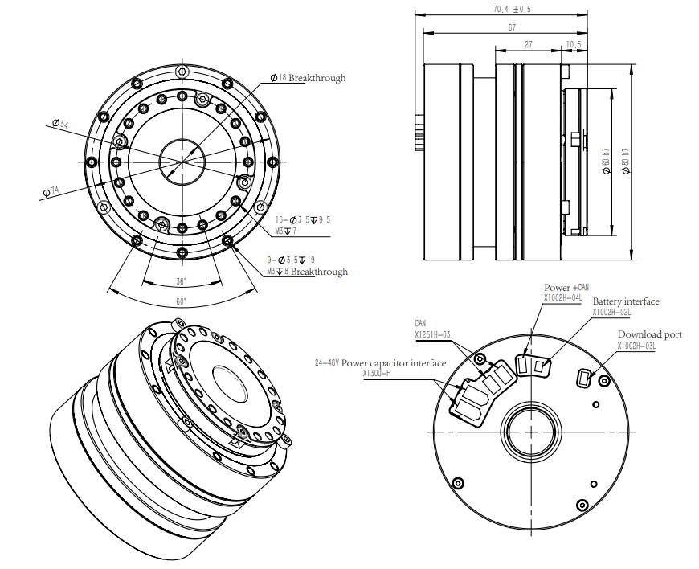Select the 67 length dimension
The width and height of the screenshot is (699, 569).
coord(512,27)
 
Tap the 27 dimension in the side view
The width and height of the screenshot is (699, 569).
coord(528,45)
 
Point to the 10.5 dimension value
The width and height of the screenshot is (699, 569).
coord(574,45)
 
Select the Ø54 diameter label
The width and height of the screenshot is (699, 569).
coord(59,124)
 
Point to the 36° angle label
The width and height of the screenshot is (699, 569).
coord(182,281)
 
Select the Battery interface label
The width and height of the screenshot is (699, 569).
coord(626,301)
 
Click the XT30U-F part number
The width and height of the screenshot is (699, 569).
coord(376,373)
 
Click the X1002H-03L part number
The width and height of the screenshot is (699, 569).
coord(636,346)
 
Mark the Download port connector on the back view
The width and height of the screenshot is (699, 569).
coord(585,375)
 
